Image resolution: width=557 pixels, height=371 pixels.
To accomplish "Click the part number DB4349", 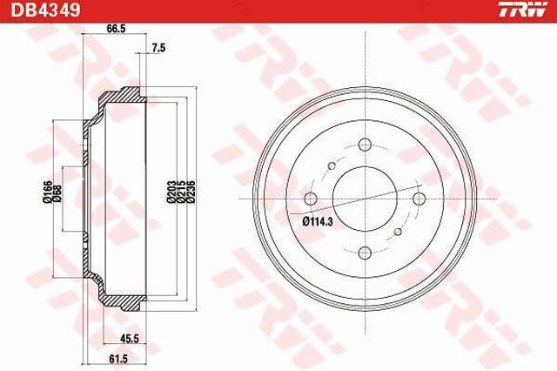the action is (45, 10).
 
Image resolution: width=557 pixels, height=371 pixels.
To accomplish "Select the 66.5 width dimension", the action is (117, 29).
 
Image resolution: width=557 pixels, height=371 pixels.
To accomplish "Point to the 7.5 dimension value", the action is (158, 48).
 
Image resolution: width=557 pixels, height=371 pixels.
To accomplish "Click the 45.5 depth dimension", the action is (129, 339).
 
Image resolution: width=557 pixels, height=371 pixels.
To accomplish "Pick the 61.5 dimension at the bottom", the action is (118, 359).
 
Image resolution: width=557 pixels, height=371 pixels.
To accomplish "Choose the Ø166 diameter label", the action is (47, 192).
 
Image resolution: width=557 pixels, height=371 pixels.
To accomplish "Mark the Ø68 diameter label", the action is (57, 194).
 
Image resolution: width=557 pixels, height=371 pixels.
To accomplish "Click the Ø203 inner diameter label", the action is (171, 192).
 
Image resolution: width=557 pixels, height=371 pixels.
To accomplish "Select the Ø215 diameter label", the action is (181, 192).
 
